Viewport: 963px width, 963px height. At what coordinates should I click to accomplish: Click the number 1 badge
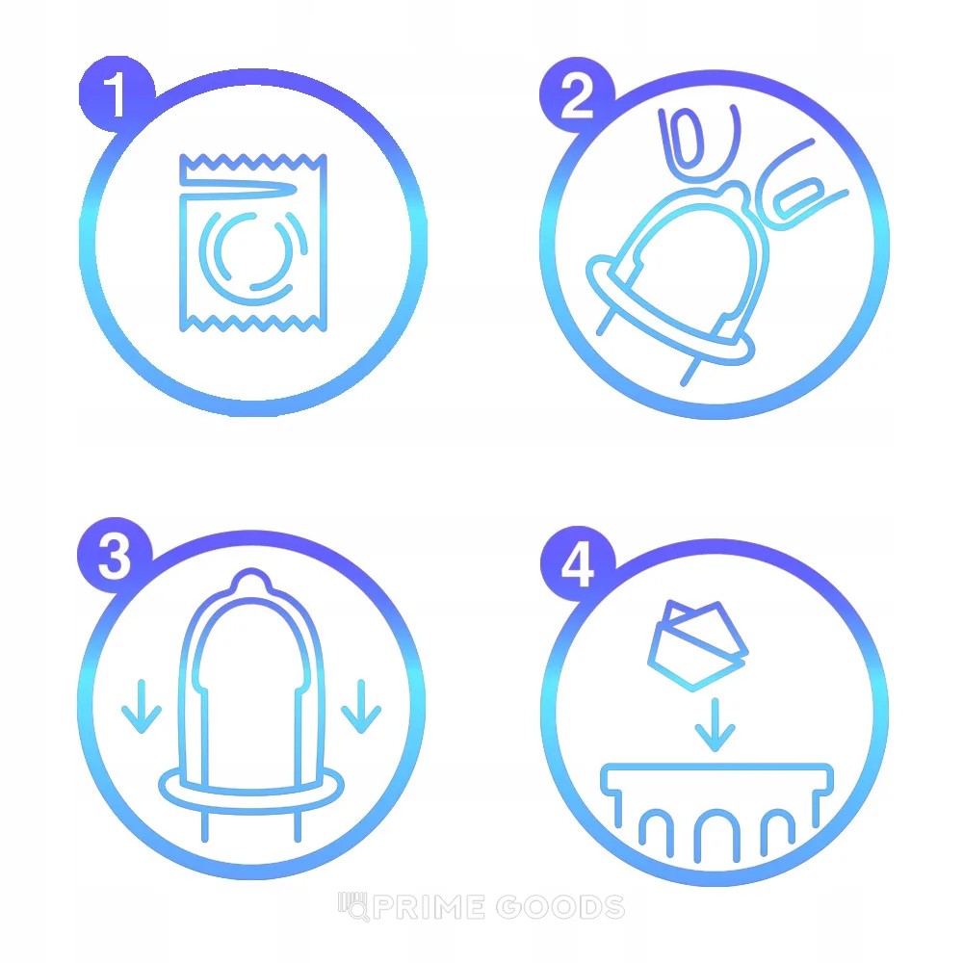coord(116,94)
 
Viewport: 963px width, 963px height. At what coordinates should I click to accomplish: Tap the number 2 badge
coord(577,94)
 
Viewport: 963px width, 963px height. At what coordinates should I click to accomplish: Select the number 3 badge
coord(115,556)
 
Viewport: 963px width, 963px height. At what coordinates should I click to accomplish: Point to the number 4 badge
coord(578,563)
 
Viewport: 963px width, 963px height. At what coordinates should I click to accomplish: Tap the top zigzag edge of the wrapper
coord(253,162)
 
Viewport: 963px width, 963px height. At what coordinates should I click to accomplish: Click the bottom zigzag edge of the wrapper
coord(253,323)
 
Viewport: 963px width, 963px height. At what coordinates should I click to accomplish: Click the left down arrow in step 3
coord(142,706)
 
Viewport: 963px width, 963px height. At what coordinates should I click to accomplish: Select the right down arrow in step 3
coord(361,706)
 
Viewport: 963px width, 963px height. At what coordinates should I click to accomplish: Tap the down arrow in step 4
coord(715,725)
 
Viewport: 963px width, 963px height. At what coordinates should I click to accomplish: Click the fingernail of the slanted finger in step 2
coord(797,196)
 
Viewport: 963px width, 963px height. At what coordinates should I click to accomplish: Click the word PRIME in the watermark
coord(429,907)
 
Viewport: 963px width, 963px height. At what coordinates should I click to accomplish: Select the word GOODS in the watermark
coord(560,907)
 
